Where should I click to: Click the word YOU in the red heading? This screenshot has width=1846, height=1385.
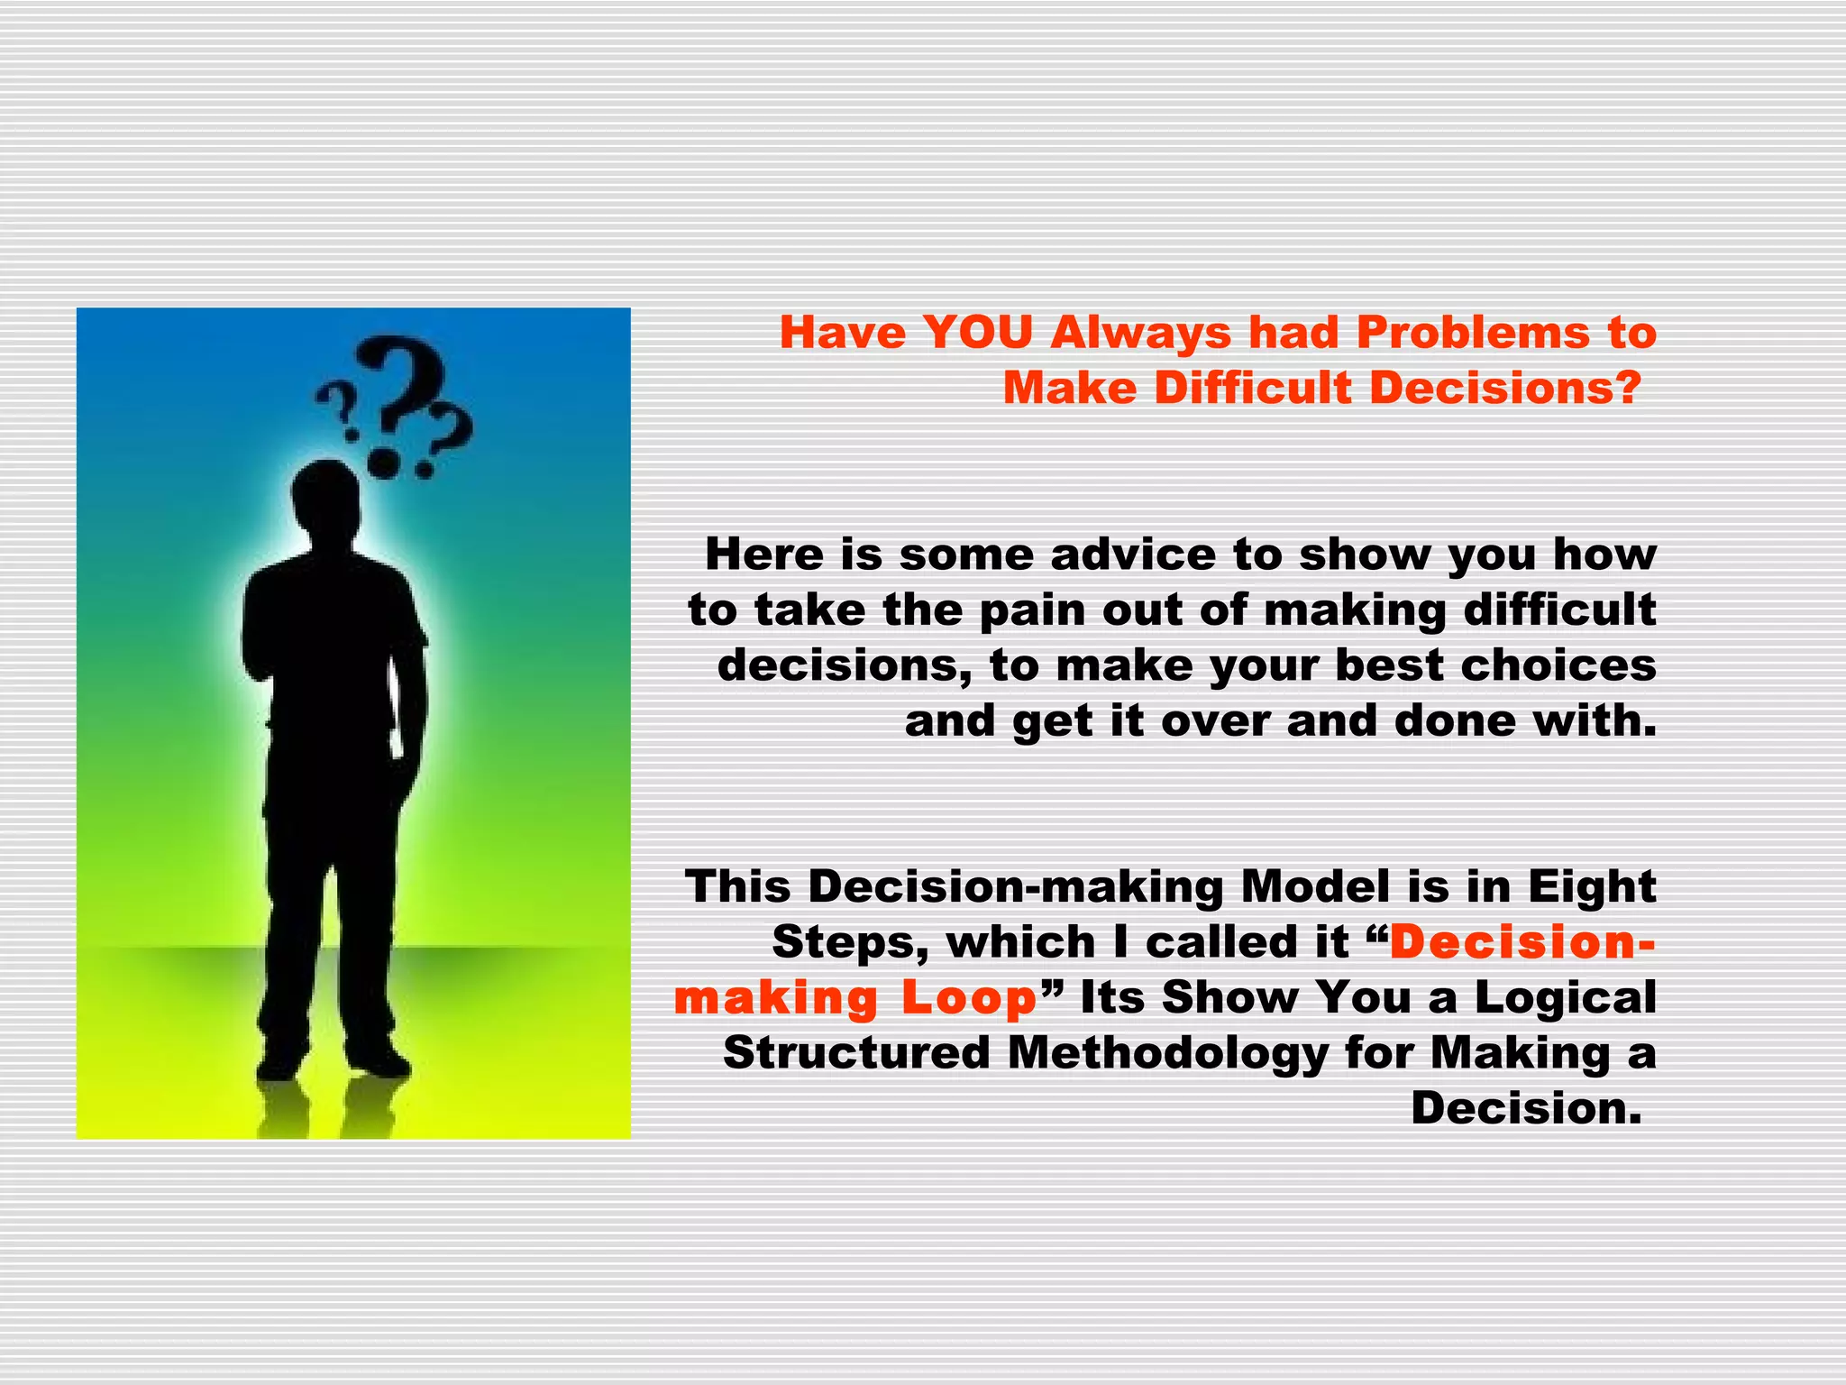click(x=977, y=332)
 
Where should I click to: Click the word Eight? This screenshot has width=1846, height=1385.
click(x=1592, y=885)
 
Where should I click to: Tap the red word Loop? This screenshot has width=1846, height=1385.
click(x=969, y=997)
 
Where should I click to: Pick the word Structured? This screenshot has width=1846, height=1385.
click(x=856, y=1052)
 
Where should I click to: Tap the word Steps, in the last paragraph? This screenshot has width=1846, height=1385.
click(x=851, y=942)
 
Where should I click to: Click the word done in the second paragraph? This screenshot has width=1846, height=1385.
click(x=1455, y=720)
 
